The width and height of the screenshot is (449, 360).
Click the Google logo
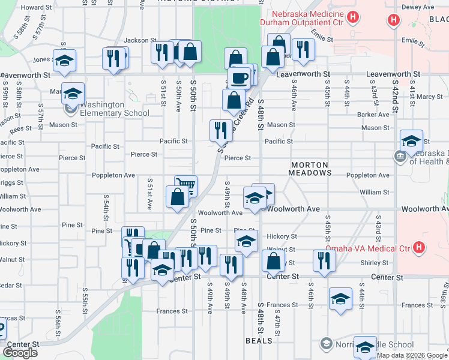click(x=20, y=353)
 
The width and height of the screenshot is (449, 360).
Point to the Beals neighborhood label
click(x=259, y=341)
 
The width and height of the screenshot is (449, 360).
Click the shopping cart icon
click(x=185, y=185)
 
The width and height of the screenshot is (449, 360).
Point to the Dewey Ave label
click(x=417, y=7)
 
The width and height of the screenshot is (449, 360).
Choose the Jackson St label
click(x=136, y=40)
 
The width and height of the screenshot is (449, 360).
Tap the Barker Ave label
click(x=373, y=114)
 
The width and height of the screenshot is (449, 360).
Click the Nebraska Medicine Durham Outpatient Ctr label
click(x=301, y=18)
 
